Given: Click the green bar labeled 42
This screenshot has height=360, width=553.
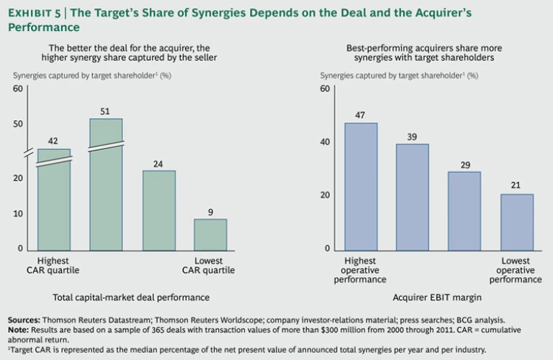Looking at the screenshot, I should (54, 202).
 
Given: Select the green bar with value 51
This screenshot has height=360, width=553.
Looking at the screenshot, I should (106, 187).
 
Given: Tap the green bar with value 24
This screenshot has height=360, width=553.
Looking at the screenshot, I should (158, 211).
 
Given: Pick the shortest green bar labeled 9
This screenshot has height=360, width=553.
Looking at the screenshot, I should (210, 235).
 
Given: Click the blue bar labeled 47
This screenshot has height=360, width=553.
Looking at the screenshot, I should (361, 187).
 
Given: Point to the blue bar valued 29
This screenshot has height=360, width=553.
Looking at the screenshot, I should (464, 211).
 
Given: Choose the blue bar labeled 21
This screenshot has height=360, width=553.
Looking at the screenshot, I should (516, 222).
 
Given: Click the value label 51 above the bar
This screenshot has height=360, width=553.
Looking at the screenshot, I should (106, 111).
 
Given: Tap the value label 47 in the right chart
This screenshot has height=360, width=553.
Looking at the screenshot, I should (361, 114).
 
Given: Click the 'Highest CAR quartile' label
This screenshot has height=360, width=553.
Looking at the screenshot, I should (54, 265).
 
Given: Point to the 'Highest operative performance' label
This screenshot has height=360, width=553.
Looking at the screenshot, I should (361, 270).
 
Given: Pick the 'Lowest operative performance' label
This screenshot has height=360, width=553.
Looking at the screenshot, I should (516, 270).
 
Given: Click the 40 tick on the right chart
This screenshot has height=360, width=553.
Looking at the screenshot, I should (325, 142).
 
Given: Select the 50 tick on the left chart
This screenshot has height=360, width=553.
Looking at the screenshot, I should (18, 124).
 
